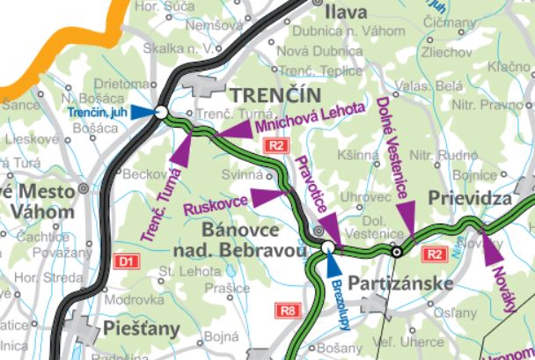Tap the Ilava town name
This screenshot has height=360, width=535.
click(345, 12)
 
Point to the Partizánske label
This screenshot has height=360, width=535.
click(400, 283)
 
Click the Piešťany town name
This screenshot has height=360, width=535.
click(141, 328)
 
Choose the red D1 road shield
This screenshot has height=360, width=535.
click(127, 261)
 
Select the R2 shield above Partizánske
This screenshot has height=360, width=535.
click(434, 254)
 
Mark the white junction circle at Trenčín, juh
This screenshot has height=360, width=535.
click(161, 112)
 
